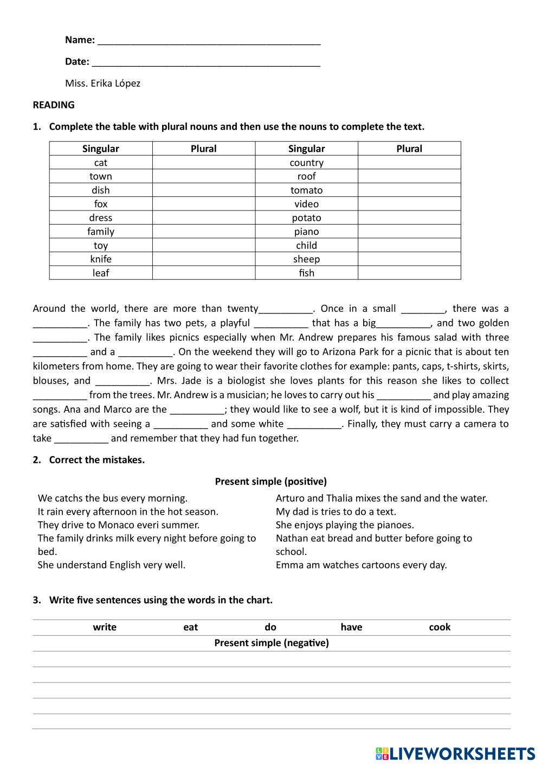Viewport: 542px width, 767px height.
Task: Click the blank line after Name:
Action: [209, 41]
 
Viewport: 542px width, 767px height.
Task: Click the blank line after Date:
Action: [206, 63]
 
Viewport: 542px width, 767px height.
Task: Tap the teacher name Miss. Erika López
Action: [102, 84]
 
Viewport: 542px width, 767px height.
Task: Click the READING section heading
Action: [54, 105]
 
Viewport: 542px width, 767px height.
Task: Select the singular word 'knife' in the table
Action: [101, 259]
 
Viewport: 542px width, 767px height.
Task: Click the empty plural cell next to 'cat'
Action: [203, 163]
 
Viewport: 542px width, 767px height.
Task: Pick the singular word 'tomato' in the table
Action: [306, 190]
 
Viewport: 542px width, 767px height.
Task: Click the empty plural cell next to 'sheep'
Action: [409, 259]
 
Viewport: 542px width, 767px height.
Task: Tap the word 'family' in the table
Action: [101, 232]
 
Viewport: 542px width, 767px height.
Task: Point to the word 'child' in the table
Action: [306, 245]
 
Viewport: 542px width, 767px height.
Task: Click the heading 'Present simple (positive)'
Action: [271, 482]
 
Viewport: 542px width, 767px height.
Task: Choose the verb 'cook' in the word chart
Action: [440, 628]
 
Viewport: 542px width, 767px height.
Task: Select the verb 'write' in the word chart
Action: [105, 628]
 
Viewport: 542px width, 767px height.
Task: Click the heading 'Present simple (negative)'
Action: [271, 643]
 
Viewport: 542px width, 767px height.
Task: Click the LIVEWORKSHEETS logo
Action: [455, 753]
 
